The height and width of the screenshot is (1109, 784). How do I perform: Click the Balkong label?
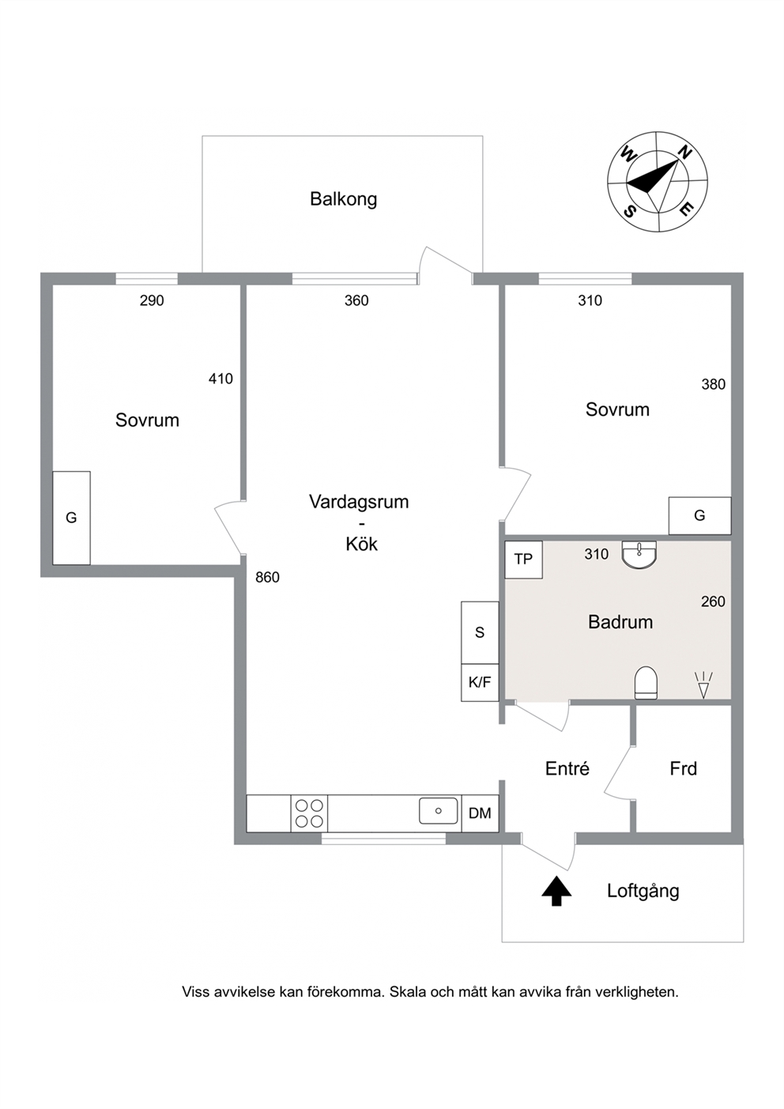pyautogui.click(x=344, y=199)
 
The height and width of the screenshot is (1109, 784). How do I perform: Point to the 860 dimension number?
pyautogui.click(x=267, y=577)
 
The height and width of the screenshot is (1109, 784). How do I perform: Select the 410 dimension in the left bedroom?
pyautogui.click(x=220, y=379)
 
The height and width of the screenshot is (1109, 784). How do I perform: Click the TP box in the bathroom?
pyautogui.click(x=524, y=560)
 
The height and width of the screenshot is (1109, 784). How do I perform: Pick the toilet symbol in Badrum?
pyautogui.click(x=646, y=683)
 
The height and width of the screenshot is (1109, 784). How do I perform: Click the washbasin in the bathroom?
pyautogui.click(x=639, y=556)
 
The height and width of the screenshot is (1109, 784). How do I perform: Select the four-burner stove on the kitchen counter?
pyautogui.click(x=309, y=813)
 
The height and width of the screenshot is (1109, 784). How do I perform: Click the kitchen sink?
pyautogui.click(x=439, y=810)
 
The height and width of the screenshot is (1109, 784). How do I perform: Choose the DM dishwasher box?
pyautogui.click(x=480, y=813)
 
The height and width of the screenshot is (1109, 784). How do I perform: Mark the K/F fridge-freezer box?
pyautogui.click(x=480, y=682)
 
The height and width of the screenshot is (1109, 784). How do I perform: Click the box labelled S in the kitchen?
pyautogui.click(x=480, y=632)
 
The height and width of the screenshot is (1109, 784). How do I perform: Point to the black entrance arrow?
pyautogui.click(x=557, y=891)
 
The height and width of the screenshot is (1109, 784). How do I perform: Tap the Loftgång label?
pyautogui.click(x=643, y=891)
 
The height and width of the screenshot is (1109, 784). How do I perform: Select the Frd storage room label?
pyautogui.click(x=684, y=769)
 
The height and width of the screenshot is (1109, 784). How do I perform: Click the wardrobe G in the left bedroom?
pyautogui.click(x=71, y=518)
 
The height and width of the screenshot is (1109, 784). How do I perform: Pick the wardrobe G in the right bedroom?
pyautogui.click(x=699, y=515)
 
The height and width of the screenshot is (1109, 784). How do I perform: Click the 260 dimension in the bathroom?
pyautogui.click(x=713, y=602)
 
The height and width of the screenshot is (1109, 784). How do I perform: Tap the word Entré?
pyautogui.click(x=567, y=768)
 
